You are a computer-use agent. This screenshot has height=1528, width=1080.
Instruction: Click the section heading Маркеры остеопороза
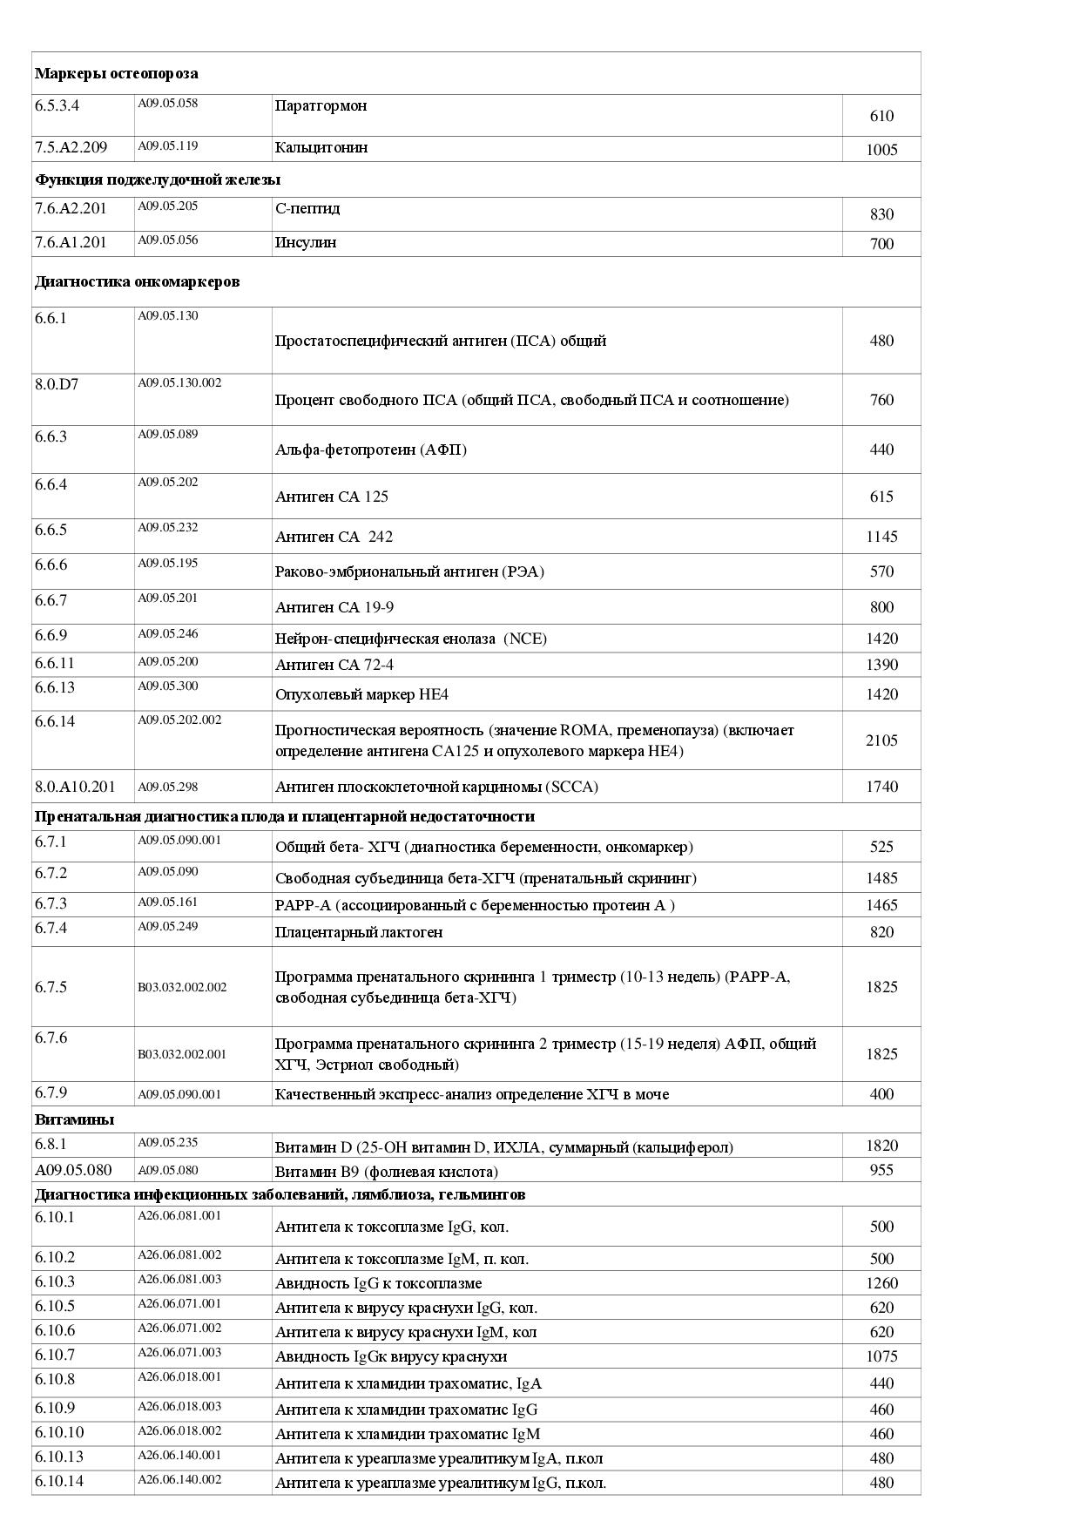click(116, 74)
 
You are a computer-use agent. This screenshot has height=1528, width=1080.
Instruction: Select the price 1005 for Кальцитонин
click(881, 150)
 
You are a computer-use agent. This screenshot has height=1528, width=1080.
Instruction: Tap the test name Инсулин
click(306, 242)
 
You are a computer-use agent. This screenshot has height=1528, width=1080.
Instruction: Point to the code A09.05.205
click(168, 206)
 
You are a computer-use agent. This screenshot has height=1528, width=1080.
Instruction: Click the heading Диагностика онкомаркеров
click(137, 281)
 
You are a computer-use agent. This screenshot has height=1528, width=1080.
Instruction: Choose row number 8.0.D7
click(57, 384)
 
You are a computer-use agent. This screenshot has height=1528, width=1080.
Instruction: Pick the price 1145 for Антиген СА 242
click(881, 537)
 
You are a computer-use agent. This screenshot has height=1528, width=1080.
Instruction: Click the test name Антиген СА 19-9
click(334, 607)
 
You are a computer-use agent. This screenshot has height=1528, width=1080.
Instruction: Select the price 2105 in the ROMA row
click(881, 740)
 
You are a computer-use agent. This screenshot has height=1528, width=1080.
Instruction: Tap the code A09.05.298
click(168, 787)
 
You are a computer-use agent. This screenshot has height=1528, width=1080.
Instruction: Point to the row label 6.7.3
click(51, 903)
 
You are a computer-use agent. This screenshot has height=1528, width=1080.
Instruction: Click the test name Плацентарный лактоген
click(359, 932)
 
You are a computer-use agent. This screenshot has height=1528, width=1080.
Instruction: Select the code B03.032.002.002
click(182, 987)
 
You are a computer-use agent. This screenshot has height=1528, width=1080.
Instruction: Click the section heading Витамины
click(74, 1119)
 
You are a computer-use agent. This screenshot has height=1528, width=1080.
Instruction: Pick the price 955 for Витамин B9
click(881, 1170)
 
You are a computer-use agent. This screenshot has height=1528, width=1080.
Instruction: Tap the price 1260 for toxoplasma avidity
click(881, 1283)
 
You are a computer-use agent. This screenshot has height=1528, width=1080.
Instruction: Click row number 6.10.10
click(59, 1432)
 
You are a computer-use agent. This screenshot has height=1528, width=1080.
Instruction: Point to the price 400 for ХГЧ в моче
click(881, 1094)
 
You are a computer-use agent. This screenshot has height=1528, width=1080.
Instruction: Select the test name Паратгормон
click(321, 106)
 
